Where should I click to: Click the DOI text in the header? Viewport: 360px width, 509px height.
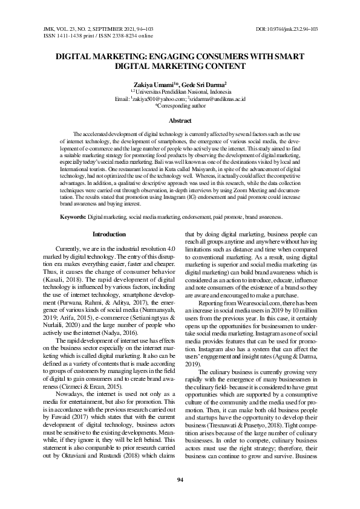point(287,29)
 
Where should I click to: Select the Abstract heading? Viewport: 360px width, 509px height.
point(180,121)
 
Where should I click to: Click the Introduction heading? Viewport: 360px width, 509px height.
point(109,234)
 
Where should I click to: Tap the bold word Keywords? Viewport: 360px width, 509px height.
point(72,216)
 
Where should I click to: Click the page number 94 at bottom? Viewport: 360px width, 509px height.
point(180,479)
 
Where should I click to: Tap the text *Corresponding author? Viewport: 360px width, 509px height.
point(180,105)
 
